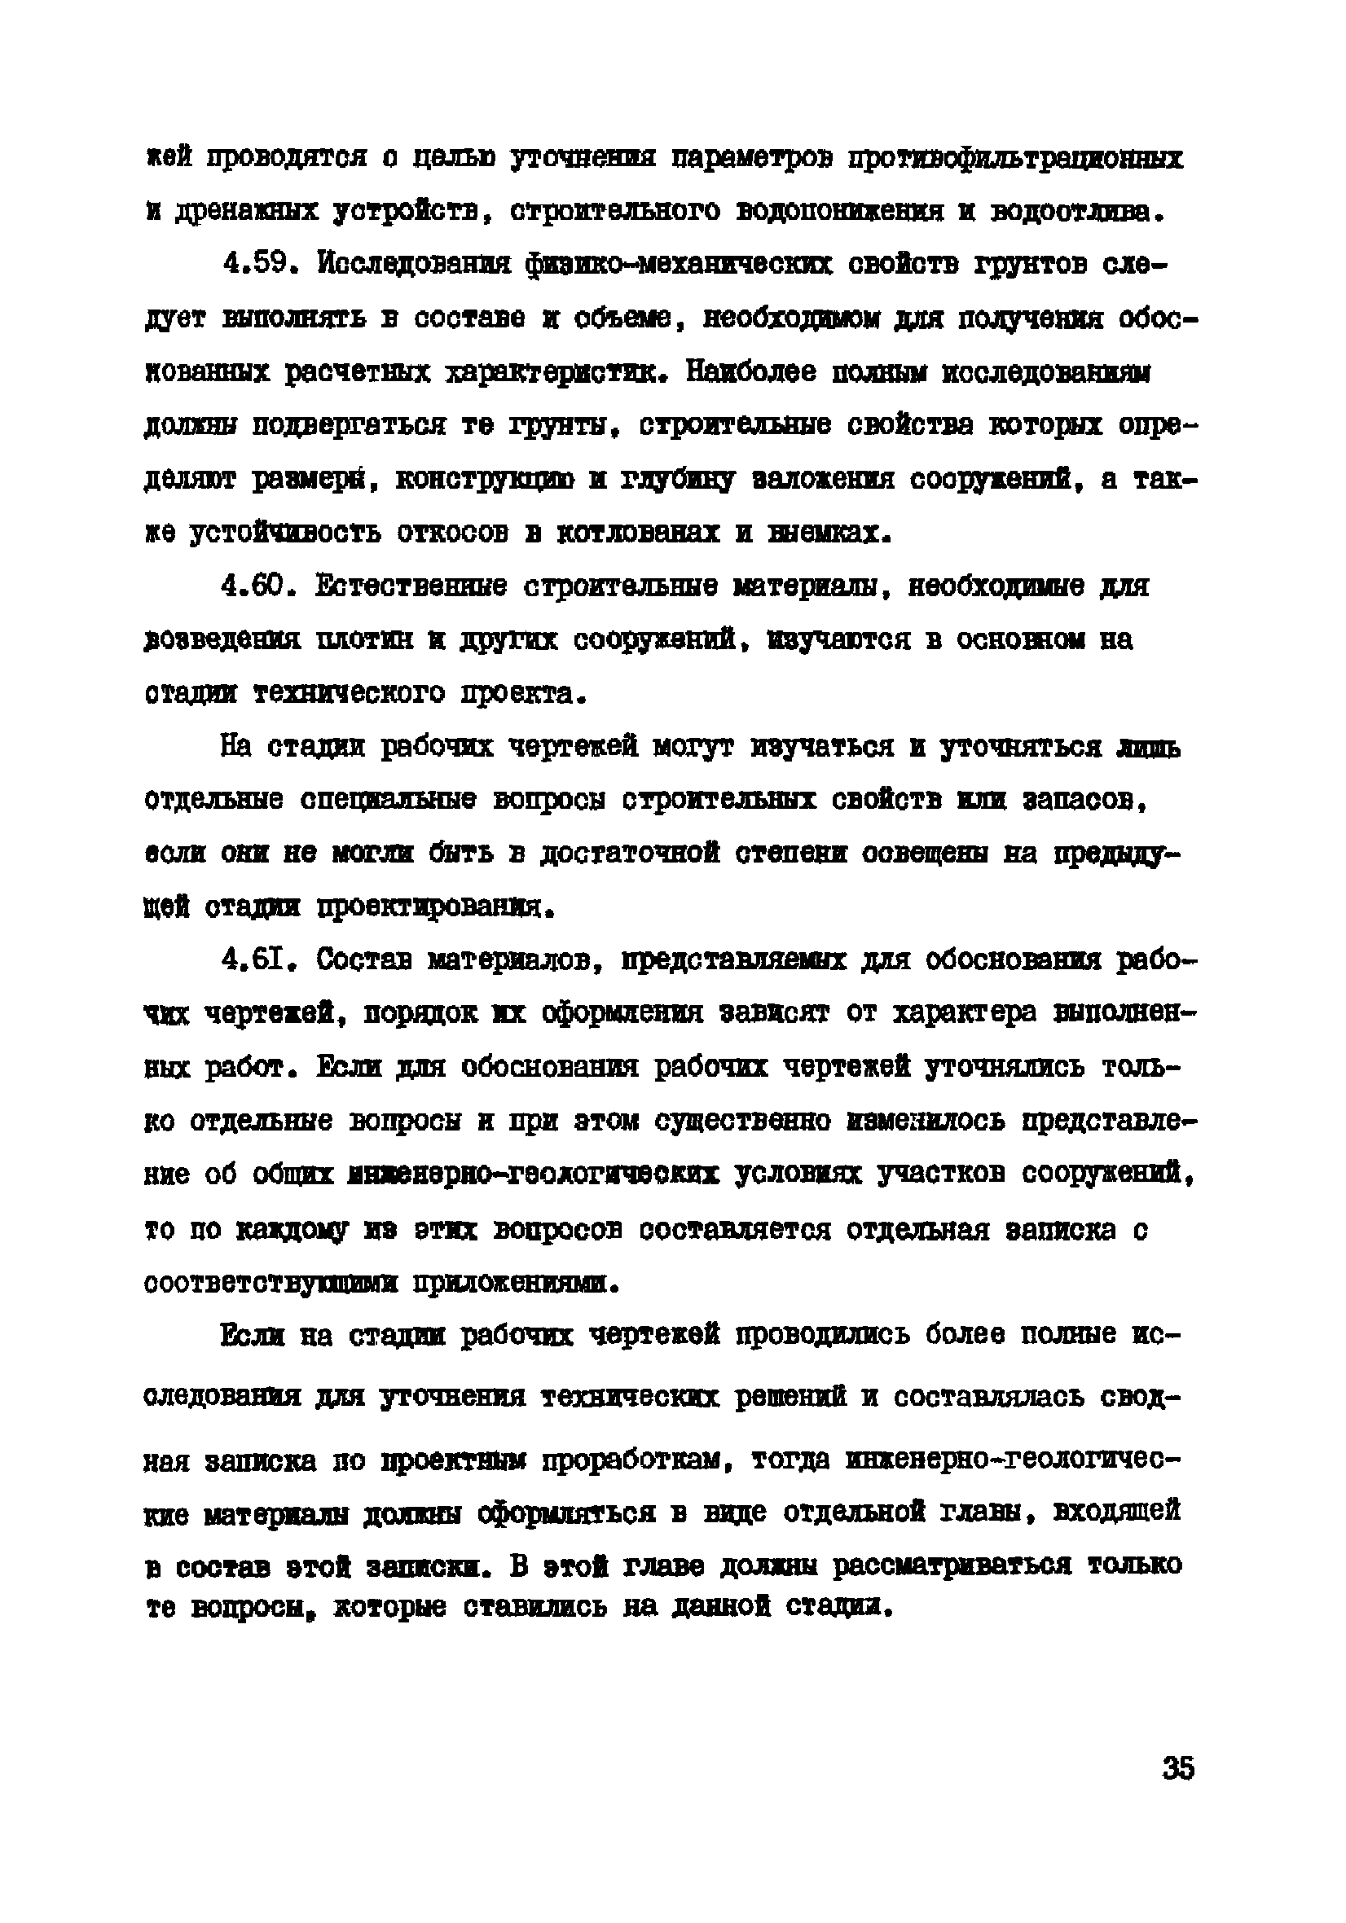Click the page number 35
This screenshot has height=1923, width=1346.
[x=1177, y=1768]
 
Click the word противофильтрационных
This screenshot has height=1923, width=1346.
[x=1015, y=158]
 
